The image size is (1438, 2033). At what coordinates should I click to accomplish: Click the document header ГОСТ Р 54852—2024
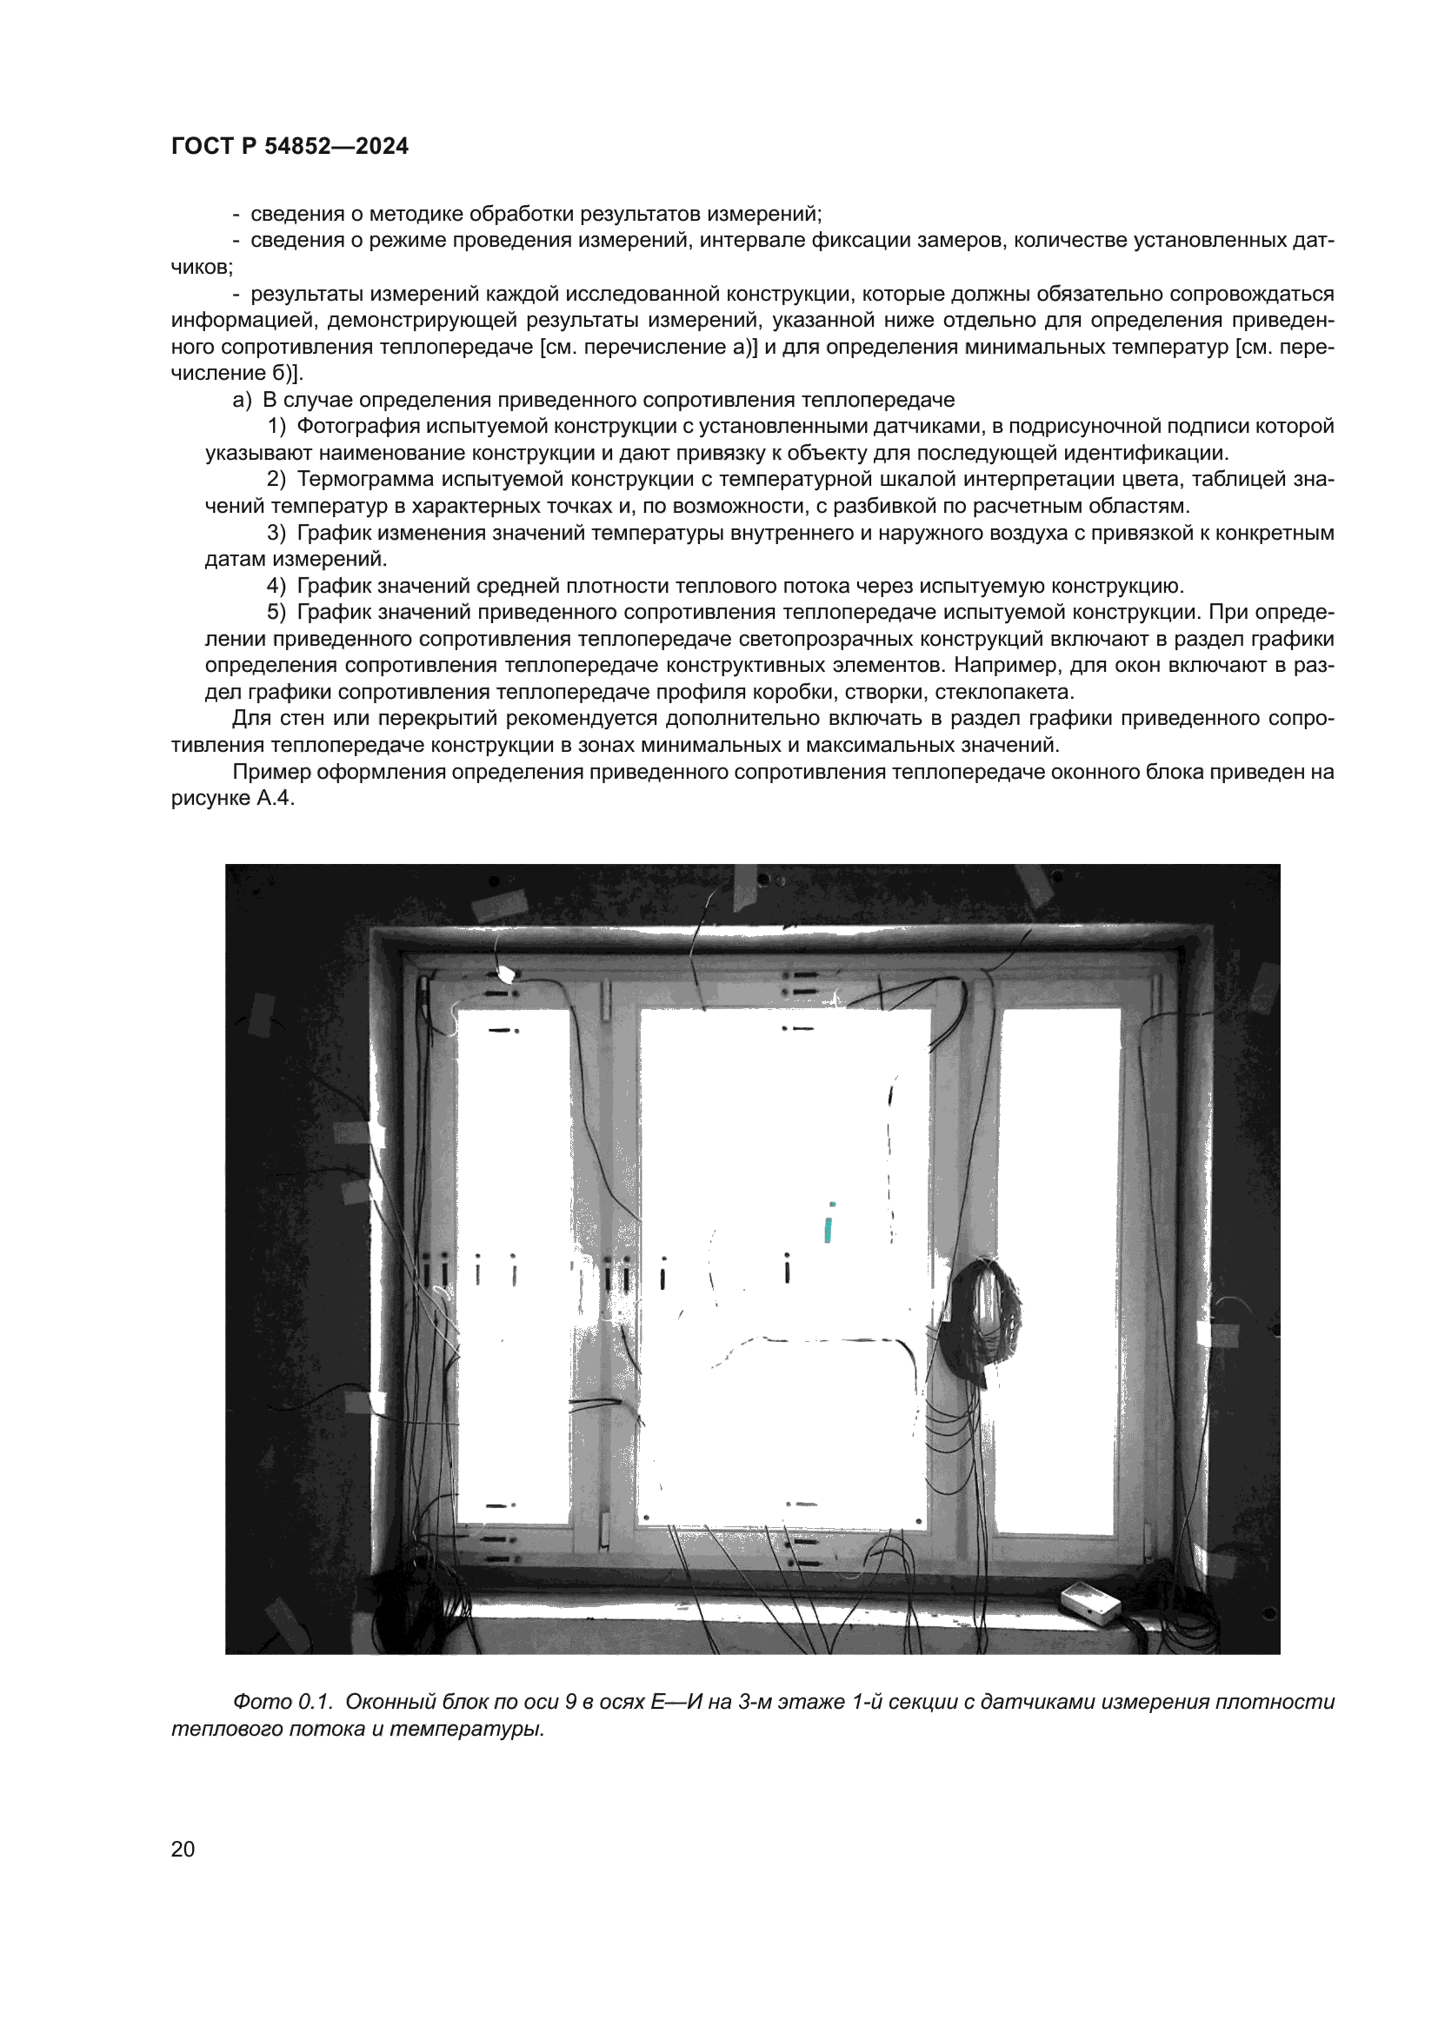[x=290, y=146]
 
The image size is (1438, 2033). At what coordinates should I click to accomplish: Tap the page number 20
[x=183, y=1849]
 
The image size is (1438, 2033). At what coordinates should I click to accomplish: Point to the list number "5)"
[x=276, y=612]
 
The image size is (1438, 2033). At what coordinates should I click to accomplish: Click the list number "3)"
[x=276, y=533]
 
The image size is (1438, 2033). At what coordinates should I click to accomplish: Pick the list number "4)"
[x=276, y=585]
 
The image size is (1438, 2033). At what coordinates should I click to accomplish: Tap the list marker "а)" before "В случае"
[x=242, y=399]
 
